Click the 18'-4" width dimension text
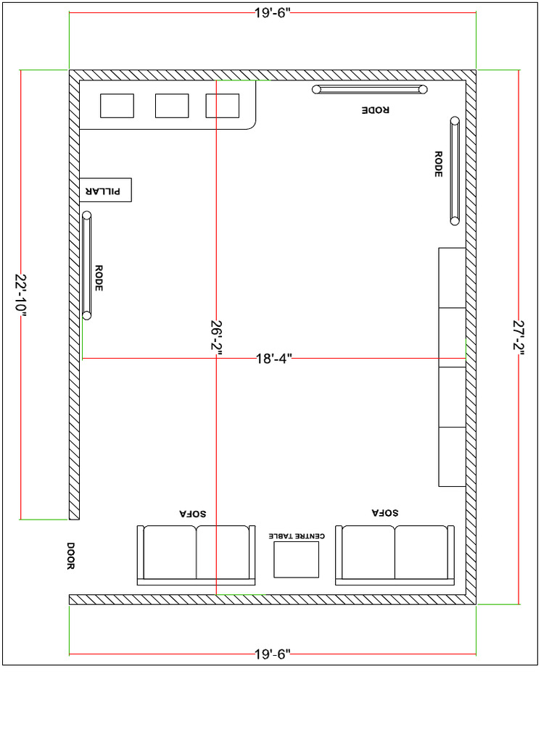[273, 358]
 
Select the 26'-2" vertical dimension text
[215, 337]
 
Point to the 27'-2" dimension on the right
[518, 337]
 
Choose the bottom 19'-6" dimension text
[273, 654]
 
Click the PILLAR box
[105, 190]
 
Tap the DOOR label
[71, 556]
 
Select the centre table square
[296, 559]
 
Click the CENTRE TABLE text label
[296, 536]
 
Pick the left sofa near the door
[196, 555]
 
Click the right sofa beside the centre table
[395, 555]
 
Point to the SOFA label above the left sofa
[193, 512]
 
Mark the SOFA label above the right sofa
[385, 512]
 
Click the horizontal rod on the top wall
[370, 89]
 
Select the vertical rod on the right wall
[455, 171]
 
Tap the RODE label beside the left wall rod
[99, 278]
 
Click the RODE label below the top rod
[375, 110]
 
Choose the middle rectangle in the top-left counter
[172, 106]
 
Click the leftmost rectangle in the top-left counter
[117, 106]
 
